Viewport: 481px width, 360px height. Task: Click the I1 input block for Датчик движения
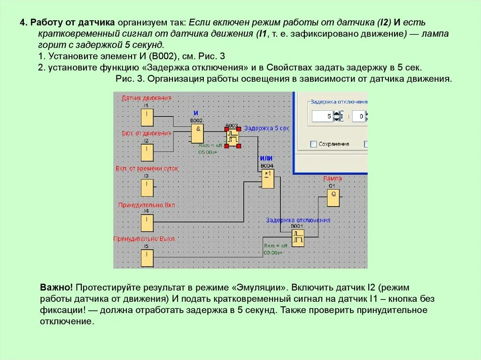pyautogui.click(x=147, y=117)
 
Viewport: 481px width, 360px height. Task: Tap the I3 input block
pyautogui.click(x=147, y=188)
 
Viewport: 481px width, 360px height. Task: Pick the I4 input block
pyautogui.click(x=147, y=223)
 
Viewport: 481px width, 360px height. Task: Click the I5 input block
pyautogui.click(x=147, y=258)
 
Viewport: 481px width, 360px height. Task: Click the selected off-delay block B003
pyautogui.click(x=232, y=138)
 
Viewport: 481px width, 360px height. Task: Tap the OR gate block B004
pyautogui.click(x=268, y=179)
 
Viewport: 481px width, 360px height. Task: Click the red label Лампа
pyautogui.click(x=332, y=179)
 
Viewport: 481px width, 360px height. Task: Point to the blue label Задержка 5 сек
pyautogui.click(x=266, y=128)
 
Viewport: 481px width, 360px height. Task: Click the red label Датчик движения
pyautogui.click(x=147, y=98)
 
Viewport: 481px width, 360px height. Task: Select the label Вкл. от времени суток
pyautogui.click(x=147, y=168)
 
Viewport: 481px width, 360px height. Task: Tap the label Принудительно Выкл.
pyautogui.click(x=145, y=239)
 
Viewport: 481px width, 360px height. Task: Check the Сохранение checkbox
pyautogui.click(x=313, y=144)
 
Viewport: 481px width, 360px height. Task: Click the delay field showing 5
pyautogui.click(x=323, y=116)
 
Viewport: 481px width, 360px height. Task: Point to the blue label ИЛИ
pyautogui.click(x=266, y=159)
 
